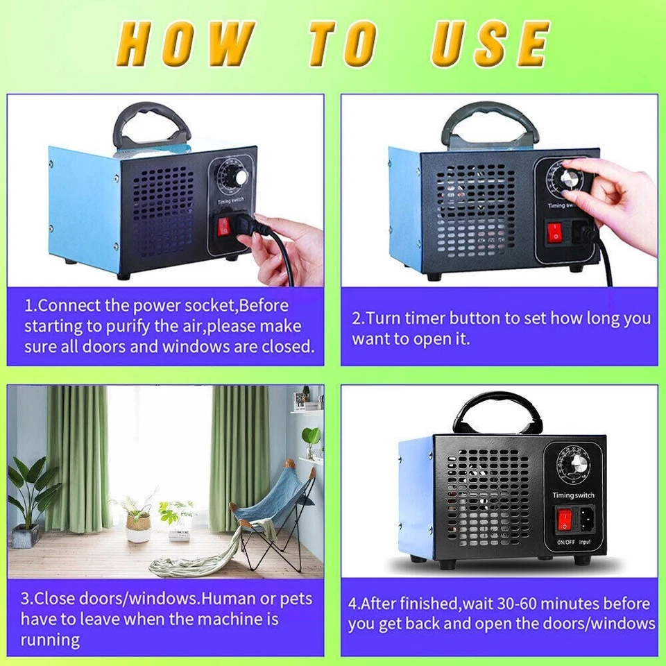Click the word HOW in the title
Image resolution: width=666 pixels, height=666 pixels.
(x=185, y=44)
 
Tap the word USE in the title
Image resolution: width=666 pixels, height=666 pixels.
(x=490, y=44)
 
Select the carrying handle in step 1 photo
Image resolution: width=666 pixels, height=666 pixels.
(x=151, y=125)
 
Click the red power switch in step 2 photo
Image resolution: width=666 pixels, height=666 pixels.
(x=555, y=232)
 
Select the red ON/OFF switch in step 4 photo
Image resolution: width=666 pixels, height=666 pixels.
(x=565, y=518)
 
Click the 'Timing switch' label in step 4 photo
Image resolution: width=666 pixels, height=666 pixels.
(x=574, y=495)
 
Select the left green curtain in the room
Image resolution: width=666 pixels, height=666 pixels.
(x=76, y=458)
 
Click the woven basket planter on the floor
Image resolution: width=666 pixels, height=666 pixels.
(x=138, y=526)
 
